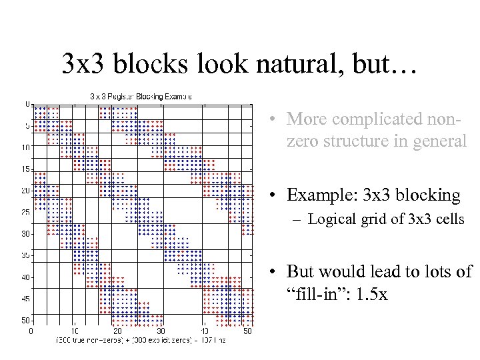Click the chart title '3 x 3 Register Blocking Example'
coord(141,96)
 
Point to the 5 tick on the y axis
coord(27,126)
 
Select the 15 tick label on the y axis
coord(26,169)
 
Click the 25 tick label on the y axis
coord(26,213)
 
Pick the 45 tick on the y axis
coord(26,299)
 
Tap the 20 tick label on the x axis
coord(117,331)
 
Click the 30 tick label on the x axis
coord(161,331)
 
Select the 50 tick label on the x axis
coord(247,331)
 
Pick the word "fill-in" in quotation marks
coord(313,293)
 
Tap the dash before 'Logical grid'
coord(301,219)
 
